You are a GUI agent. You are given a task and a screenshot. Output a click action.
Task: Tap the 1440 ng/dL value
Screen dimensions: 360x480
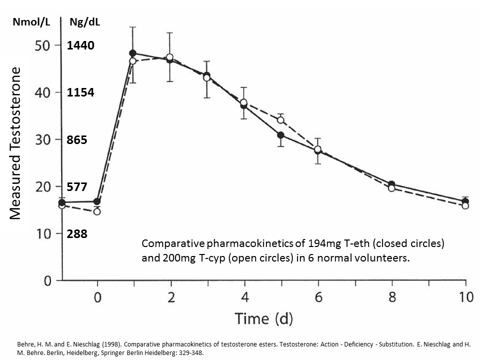pos(80,46)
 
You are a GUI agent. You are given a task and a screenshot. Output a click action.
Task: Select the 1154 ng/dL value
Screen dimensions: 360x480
pos(80,93)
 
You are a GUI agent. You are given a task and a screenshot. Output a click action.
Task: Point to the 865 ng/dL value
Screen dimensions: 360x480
pos(77,140)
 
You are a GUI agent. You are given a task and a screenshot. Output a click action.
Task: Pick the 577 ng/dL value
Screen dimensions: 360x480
pos(77,187)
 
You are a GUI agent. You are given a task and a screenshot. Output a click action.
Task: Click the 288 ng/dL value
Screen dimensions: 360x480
pos(77,233)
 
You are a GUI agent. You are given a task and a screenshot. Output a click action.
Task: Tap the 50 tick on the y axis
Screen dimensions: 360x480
pos(43,46)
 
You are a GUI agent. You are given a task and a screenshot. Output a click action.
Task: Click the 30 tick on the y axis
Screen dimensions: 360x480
pos(43,140)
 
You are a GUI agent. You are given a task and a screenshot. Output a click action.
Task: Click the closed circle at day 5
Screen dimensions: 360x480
pos(280,135)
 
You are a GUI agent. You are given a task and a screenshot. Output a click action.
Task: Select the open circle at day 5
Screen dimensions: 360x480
pos(280,120)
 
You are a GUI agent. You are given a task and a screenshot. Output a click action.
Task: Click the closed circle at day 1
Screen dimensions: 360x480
pos(133,53)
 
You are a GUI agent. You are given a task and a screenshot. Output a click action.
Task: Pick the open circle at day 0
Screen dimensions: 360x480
pos(97,211)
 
